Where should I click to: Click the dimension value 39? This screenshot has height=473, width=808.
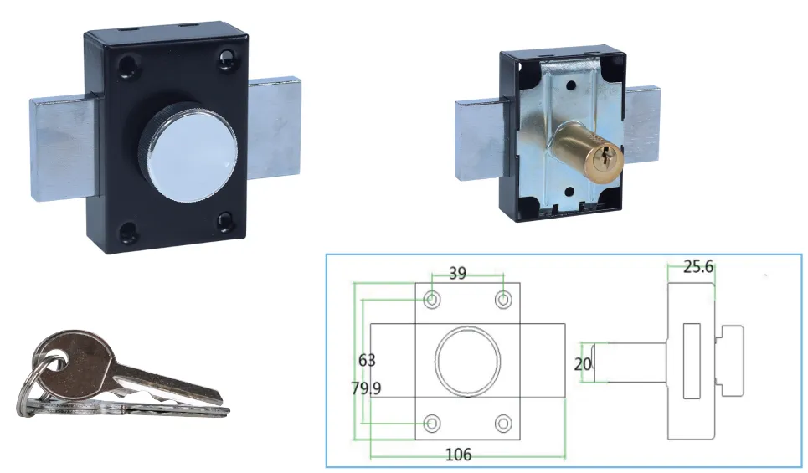[458, 274]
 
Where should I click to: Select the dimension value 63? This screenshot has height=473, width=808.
[367, 361]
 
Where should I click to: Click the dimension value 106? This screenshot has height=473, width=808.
[459, 455]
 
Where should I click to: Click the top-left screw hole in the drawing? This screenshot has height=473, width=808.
[433, 300]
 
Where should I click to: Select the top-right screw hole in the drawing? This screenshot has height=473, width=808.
[503, 300]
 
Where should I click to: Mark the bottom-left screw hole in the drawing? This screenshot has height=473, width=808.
[433, 424]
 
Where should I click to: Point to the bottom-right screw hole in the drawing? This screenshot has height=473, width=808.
[503, 424]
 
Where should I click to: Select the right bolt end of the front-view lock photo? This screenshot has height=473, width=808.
[274, 127]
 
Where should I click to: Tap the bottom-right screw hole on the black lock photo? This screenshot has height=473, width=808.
[225, 221]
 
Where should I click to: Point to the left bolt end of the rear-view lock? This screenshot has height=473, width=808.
[479, 138]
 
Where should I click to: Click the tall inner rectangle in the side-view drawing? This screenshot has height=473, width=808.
[693, 361]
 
